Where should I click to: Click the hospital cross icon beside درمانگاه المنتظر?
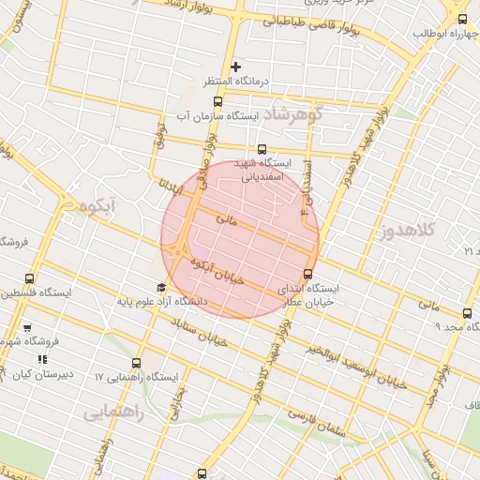coord(236,67)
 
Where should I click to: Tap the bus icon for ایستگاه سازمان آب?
coord(218,101)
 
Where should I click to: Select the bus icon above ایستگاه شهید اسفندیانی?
coord(262,148)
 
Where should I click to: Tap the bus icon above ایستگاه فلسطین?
coord(30,278)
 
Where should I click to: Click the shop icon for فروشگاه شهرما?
coord(26,328)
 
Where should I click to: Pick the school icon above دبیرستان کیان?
coord(41,359)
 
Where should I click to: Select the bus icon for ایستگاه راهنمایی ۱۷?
coord(137,363)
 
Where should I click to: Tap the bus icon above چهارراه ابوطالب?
coord(461,19)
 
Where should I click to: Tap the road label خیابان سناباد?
coord(201,331)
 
